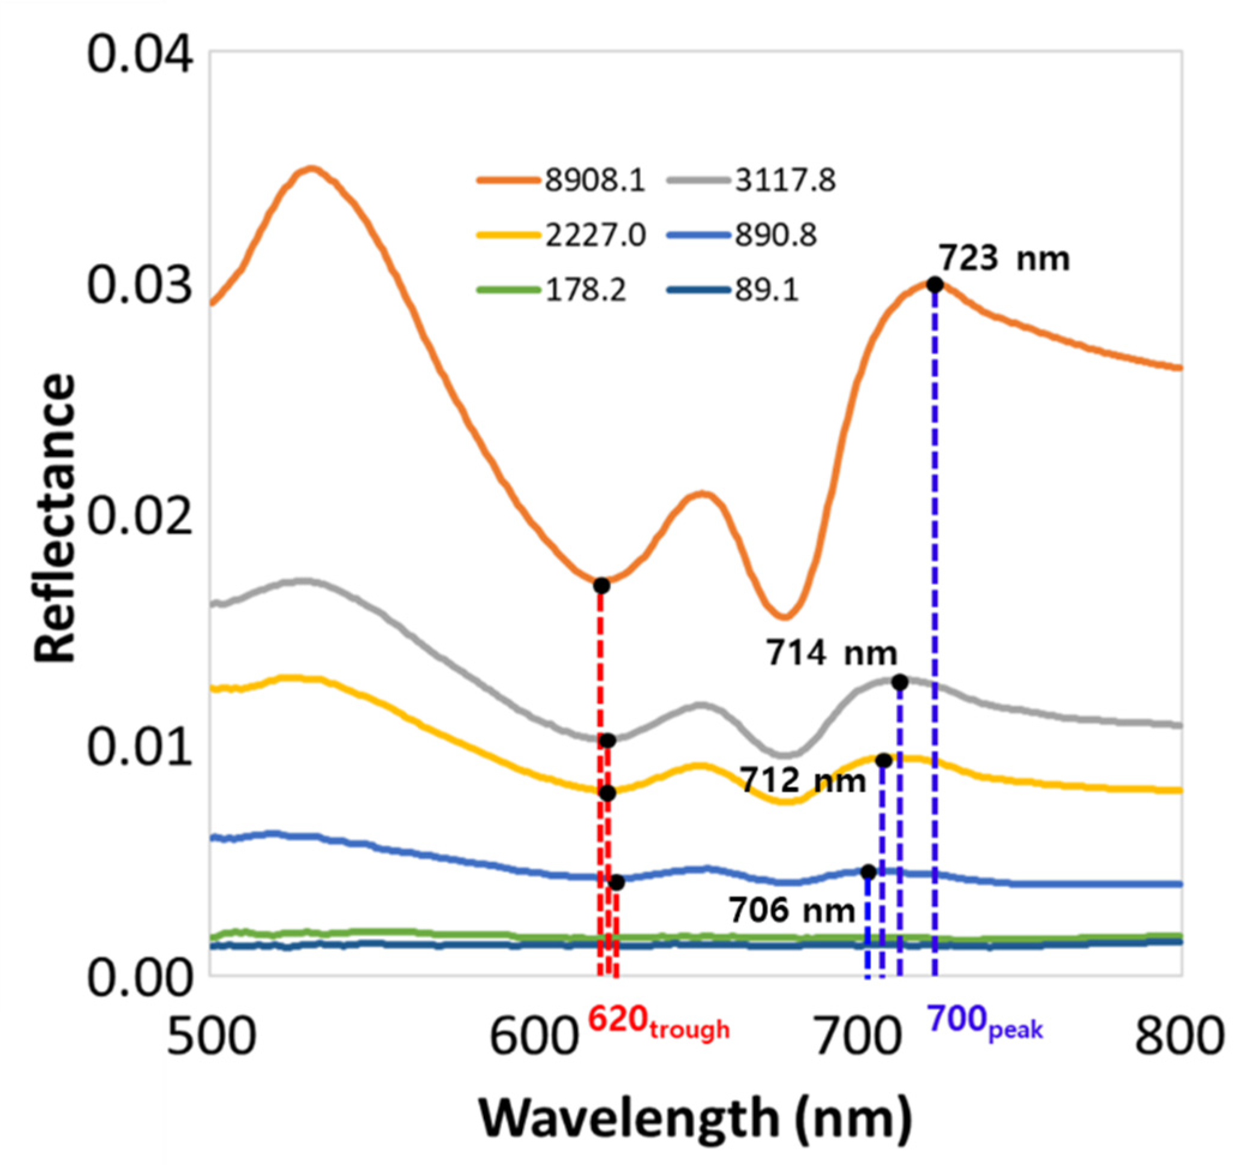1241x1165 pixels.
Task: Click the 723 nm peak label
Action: pyautogui.click(x=1004, y=258)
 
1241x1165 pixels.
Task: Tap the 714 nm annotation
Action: pyautogui.click(x=832, y=654)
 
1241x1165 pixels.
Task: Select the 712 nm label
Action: pyautogui.click(x=804, y=781)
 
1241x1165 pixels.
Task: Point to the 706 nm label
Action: pyautogui.click(x=791, y=910)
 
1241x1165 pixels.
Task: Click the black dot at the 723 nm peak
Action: pyautogui.click(x=935, y=285)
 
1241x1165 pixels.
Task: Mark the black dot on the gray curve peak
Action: pyautogui.click(x=899, y=682)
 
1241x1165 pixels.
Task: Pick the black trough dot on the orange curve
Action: pyautogui.click(x=601, y=586)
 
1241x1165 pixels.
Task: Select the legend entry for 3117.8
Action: pyautogui.click(x=752, y=181)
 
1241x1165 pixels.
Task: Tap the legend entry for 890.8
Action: pyautogui.click(x=742, y=236)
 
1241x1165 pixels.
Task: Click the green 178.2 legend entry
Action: pyautogui.click(x=552, y=290)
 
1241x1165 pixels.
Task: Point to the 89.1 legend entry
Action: pyautogui.click(x=733, y=290)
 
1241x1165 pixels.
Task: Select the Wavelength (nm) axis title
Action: pyautogui.click(x=695, y=1118)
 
